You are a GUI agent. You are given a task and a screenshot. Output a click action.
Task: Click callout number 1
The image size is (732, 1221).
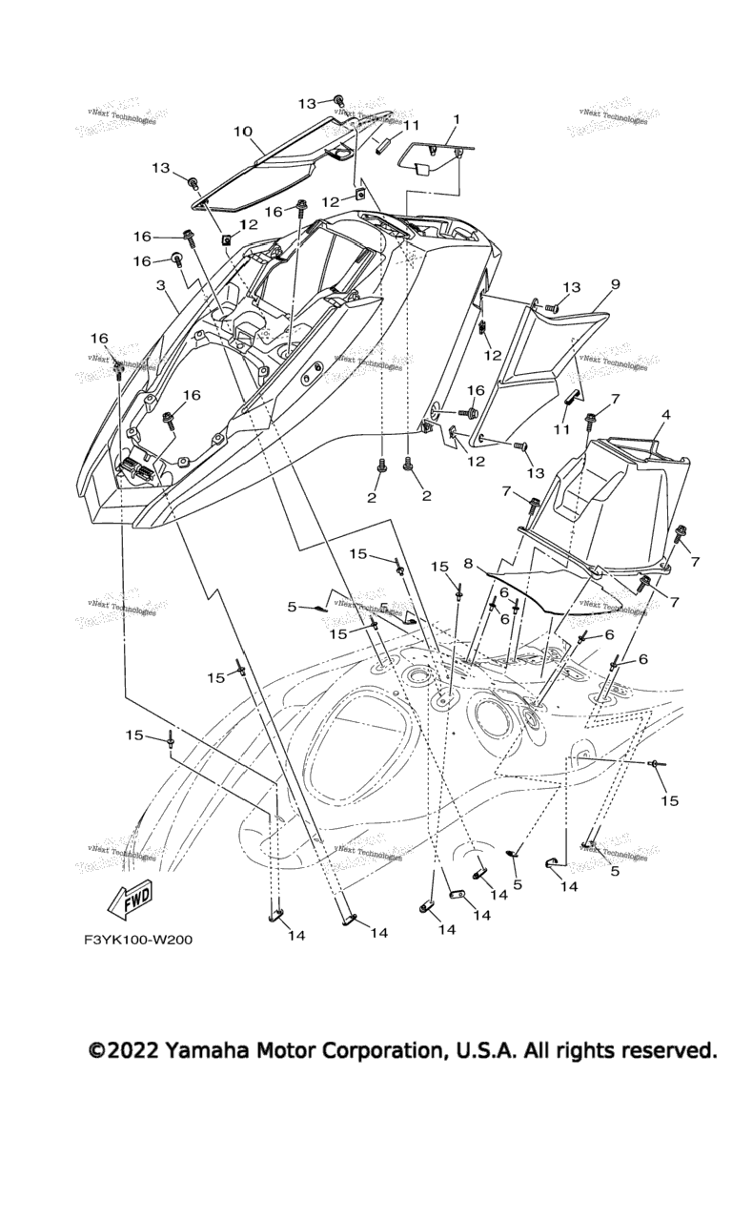[x=456, y=120]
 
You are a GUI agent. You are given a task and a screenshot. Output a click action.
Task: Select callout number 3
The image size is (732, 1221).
[x=161, y=285]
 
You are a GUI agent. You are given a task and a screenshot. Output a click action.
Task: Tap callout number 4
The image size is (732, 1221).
[x=665, y=415]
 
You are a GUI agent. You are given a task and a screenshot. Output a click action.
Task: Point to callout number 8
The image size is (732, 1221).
[x=469, y=563]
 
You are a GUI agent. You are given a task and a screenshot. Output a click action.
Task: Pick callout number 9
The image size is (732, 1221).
[x=616, y=284]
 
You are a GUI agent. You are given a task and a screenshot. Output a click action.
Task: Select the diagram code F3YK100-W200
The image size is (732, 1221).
[x=137, y=940]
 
